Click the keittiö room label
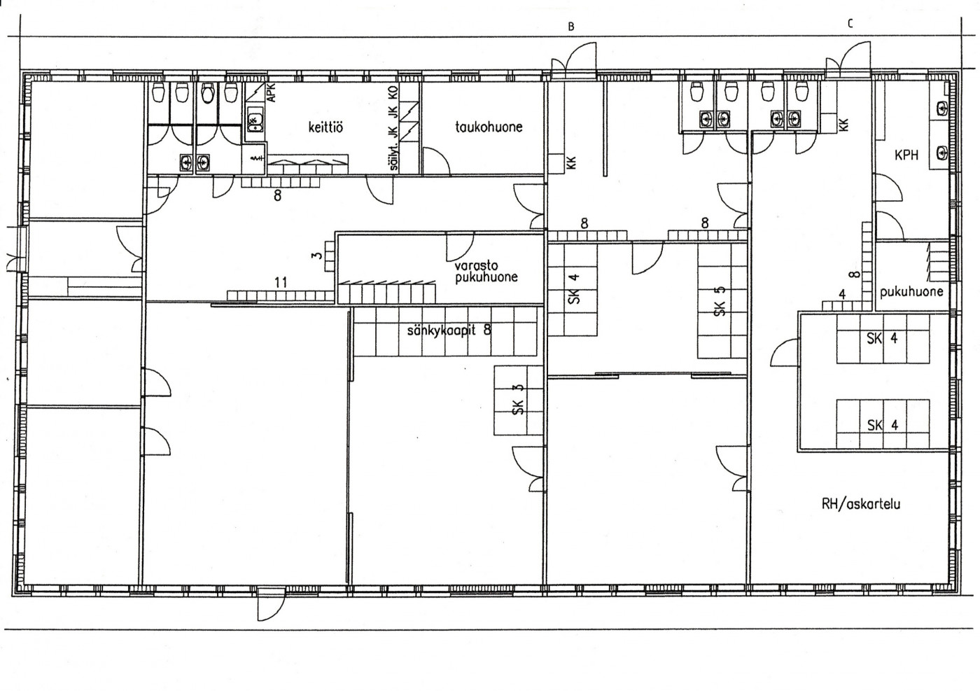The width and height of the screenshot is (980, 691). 325,127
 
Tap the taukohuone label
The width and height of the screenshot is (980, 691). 489,127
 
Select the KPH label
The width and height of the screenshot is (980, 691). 906,155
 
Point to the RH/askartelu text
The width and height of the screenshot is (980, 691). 861,504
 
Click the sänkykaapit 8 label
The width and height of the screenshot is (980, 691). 449,330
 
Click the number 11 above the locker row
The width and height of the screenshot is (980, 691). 281,282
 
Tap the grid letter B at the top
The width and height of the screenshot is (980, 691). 571,27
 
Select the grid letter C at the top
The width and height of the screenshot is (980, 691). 850,24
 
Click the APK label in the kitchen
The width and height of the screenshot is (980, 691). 272,93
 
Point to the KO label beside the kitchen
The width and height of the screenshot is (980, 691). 393,92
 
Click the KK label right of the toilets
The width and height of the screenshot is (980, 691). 843,125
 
